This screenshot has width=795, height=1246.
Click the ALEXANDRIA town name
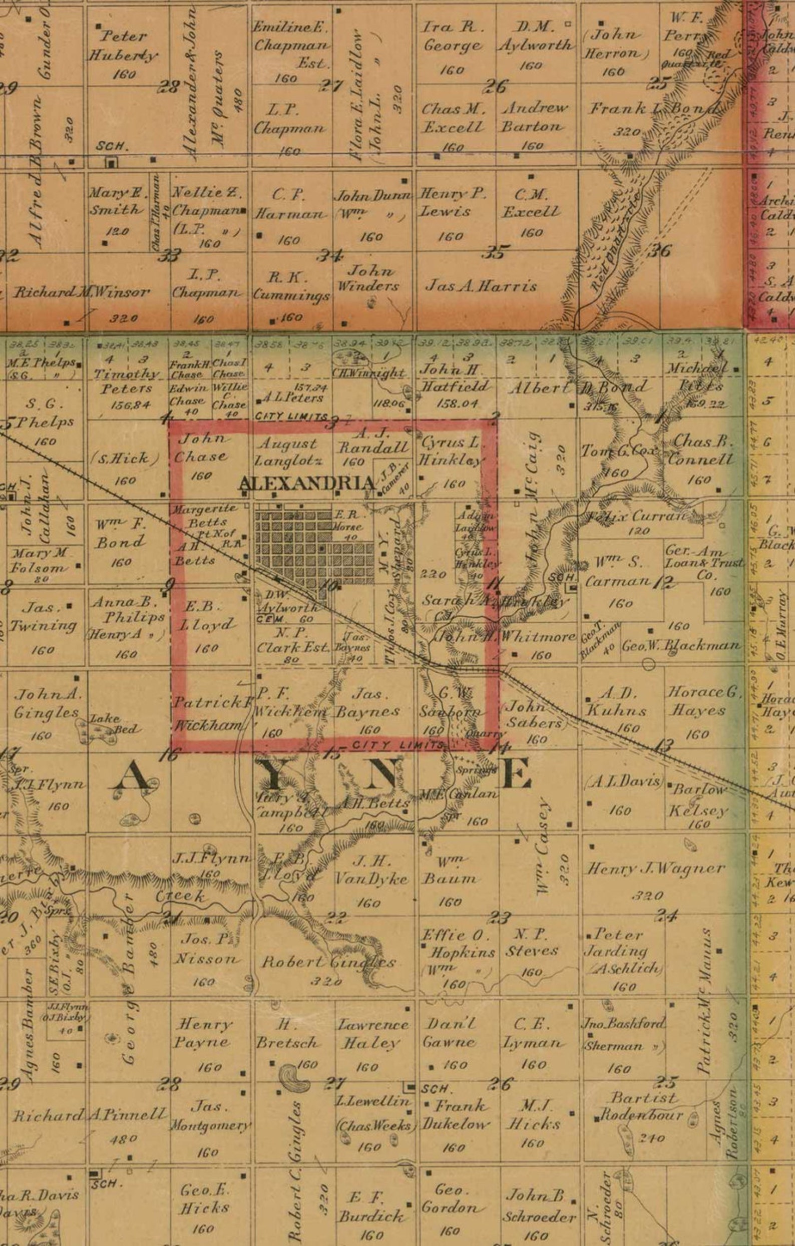(x=306, y=484)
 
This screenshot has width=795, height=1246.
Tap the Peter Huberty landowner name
(x=123, y=46)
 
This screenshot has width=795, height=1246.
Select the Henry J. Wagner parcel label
(x=655, y=869)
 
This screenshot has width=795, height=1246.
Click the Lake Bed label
(x=112, y=723)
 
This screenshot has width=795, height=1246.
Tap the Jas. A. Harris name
(x=481, y=286)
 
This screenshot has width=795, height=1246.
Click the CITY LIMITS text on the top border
(x=291, y=417)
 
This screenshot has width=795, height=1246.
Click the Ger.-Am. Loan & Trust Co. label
(x=704, y=563)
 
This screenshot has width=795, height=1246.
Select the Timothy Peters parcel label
(x=127, y=380)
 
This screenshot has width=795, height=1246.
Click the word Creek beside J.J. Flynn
(x=180, y=896)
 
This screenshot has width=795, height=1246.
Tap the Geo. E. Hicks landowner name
(x=204, y=1199)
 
